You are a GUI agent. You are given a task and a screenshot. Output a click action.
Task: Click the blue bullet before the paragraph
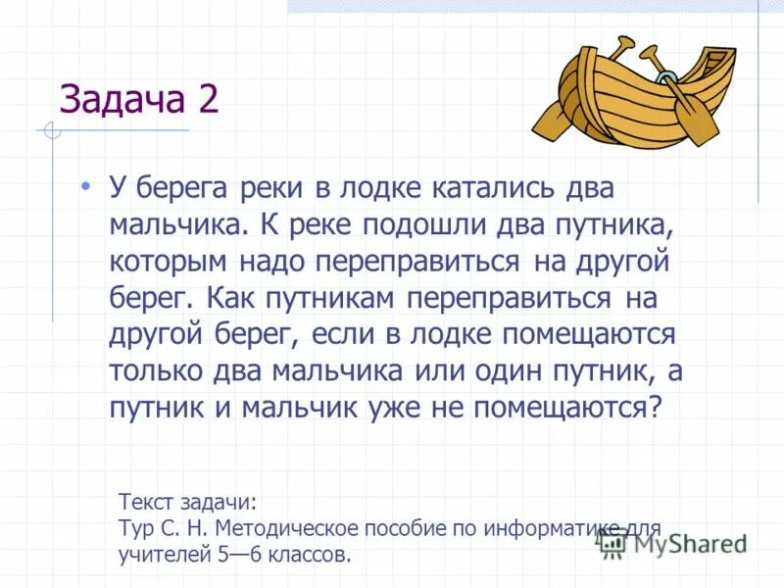click(86, 185)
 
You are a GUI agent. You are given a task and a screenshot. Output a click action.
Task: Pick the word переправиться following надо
click(425, 261)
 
